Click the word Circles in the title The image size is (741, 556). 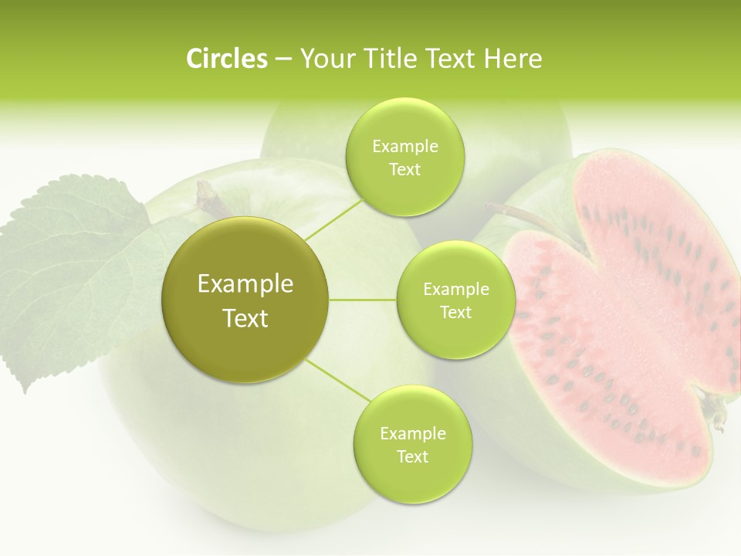tap(226, 59)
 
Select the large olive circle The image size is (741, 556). tap(245, 300)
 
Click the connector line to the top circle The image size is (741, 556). tap(333, 219)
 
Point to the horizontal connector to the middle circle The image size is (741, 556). tap(363, 300)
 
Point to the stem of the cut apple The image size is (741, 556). tap(533, 220)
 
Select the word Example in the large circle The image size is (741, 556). tap(245, 284)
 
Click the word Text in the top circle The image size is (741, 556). tap(404, 170)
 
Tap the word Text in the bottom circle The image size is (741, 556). tap(412, 456)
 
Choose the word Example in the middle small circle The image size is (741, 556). tap(455, 290)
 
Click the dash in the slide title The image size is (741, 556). tap(283, 60)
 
